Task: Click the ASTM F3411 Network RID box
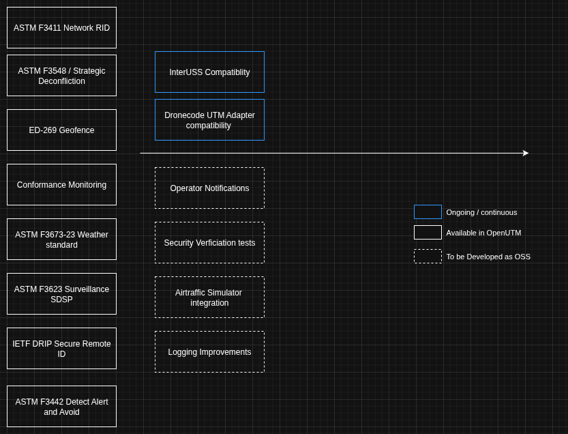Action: click(x=61, y=28)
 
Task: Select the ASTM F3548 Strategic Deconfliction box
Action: click(x=61, y=76)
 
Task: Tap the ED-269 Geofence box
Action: click(x=61, y=130)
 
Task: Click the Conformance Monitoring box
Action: click(x=61, y=185)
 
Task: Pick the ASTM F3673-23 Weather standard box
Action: click(x=61, y=240)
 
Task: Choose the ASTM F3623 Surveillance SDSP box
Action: click(x=61, y=294)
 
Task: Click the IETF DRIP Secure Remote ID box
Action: click(x=61, y=349)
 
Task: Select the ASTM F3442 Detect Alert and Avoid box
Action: click(x=61, y=407)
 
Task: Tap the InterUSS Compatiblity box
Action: click(x=209, y=72)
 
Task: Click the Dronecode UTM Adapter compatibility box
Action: click(x=209, y=120)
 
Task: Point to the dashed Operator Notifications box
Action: click(x=209, y=188)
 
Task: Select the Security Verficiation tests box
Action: click(x=209, y=243)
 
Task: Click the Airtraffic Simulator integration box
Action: click(x=209, y=298)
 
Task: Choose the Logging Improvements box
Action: click(x=209, y=352)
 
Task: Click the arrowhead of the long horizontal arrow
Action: click(x=526, y=154)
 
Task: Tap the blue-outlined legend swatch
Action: click(x=428, y=212)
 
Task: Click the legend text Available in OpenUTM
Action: click(x=483, y=233)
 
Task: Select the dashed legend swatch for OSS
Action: click(x=428, y=257)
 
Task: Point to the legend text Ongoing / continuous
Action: click(x=481, y=212)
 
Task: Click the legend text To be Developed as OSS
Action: click(x=488, y=257)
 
